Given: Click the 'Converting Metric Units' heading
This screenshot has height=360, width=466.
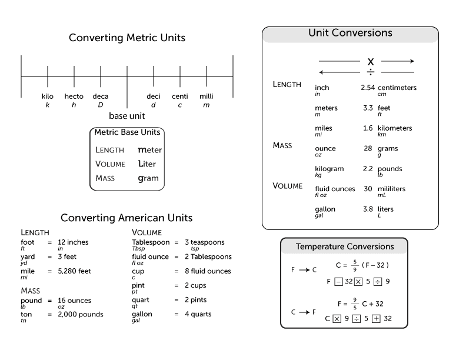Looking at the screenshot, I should click(x=127, y=38).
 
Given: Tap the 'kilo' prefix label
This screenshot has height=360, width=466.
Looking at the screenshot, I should click(x=48, y=96).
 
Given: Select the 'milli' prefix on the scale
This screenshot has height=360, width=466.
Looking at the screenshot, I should click(x=206, y=96).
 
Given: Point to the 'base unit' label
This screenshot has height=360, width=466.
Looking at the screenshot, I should click(x=127, y=116).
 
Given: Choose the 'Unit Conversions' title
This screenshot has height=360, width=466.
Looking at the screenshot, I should click(x=350, y=34).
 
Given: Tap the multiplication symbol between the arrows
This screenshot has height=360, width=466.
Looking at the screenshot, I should click(x=371, y=61).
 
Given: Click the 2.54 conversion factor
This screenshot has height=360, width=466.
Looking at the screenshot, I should click(x=368, y=88).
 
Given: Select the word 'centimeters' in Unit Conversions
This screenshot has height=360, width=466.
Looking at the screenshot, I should click(x=397, y=88).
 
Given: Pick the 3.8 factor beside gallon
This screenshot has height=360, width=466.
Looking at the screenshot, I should click(x=368, y=209).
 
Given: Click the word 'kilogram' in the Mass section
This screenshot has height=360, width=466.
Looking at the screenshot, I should click(x=329, y=169).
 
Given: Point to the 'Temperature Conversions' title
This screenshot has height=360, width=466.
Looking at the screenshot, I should click(x=345, y=246).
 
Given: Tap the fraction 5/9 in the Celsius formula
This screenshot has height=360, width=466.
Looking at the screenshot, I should click(x=355, y=265).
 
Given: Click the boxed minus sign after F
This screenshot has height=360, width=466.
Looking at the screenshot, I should click(x=338, y=281).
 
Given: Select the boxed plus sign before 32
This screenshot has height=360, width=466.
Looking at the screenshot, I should click(x=375, y=318).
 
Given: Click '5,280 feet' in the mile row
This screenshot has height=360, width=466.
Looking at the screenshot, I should click(x=74, y=271).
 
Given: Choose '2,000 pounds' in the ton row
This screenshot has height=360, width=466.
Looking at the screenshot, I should click(x=80, y=315).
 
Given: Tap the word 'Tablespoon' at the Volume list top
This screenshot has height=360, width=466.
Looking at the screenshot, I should click(x=151, y=242).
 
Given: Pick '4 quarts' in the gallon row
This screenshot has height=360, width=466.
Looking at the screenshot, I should click(x=198, y=315).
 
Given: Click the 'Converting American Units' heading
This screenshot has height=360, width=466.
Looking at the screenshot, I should click(x=127, y=218).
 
